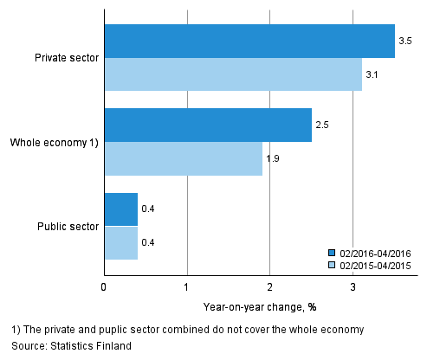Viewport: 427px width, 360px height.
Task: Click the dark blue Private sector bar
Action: [249, 42]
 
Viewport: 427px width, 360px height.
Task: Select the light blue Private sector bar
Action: [233, 74]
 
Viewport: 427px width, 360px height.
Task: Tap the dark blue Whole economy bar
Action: [208, 125]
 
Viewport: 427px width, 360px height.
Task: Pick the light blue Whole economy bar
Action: [183, 158]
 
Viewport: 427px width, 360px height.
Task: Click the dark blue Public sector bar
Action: [120, 209]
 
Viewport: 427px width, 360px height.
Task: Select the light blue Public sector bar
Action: [120, 242]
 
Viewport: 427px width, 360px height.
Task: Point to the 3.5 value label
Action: [404, 42]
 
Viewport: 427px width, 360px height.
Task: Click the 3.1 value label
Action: [372, 75]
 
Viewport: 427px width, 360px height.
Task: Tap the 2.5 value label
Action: [321, 125]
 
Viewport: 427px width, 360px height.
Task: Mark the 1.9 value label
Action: [272, 159]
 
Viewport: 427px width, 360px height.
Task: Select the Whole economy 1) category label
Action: [54, 142]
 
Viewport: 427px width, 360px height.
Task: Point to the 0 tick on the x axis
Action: [104, 286]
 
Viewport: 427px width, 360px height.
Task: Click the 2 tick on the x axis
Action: [269, 286]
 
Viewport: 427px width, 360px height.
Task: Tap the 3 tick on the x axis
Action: [353, 286]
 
